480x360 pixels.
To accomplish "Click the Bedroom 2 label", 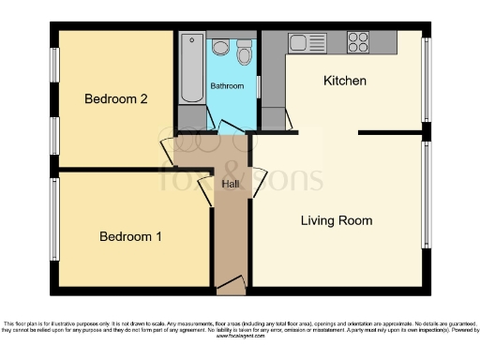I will click(x=115, y=98).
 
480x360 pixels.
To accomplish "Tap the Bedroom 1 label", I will click(x=130, y=236).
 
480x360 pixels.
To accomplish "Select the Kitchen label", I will click(x=344, y=81).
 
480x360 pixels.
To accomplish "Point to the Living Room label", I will click(x=336, y=221).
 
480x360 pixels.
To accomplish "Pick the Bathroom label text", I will click(x=227, y=86).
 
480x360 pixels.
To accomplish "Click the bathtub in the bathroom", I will click(x=190, y=67).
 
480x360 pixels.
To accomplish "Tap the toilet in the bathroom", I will click(x=245, y=52).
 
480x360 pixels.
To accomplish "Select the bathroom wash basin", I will click(x=221, y=47).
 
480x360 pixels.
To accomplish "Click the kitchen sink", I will click(x=304, y=42).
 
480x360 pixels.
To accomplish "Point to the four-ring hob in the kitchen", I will click(x=357, y=41).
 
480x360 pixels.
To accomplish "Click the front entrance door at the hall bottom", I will click(x=230, y=283).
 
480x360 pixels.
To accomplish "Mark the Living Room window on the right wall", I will click(x=427, y=197).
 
